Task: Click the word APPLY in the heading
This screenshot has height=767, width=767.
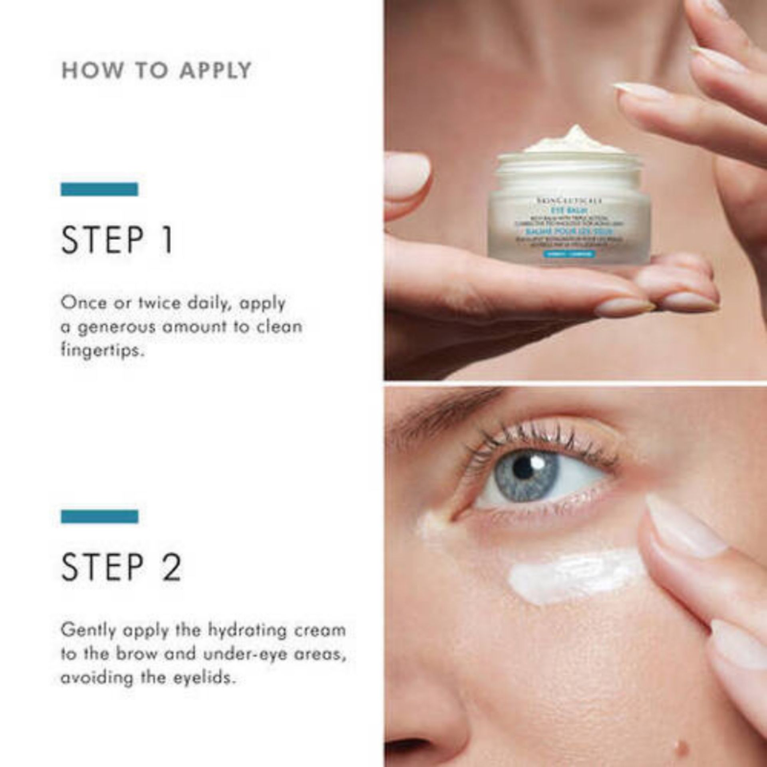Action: [x=215, y=70]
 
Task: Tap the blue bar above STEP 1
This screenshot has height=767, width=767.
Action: [x=99, y=189]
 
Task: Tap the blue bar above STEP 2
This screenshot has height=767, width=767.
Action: [x=99, y=517]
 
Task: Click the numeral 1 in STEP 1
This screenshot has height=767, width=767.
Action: [x=168, y=239]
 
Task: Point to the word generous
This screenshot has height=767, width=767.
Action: [x=116, y=328]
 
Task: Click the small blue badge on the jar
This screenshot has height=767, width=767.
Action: [x=569, y=254]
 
